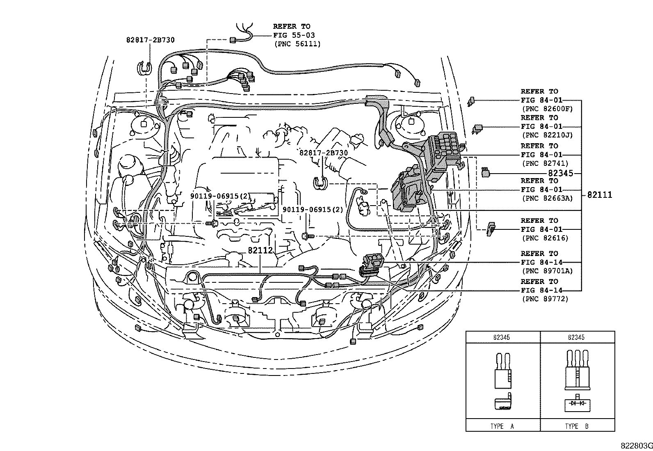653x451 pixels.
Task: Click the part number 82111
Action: coord(599,195)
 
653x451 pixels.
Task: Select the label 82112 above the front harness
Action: coord(260,250)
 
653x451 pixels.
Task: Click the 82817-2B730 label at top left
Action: coord(150,40)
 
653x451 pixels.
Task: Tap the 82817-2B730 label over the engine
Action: coord(324,153)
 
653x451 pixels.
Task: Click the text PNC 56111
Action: coord(297,44)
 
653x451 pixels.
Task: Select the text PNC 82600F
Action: coord(547,109)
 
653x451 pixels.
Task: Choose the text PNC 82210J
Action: coord(547,135)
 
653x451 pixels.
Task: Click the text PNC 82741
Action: coord(545,163)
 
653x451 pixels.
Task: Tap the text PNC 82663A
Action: coord(547,198)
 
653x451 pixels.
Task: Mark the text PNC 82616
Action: coord(545,238)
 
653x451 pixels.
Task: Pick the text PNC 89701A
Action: coord(547,271)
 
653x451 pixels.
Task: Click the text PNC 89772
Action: coord(545,299)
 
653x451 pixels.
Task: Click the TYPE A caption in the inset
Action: coord(502,426)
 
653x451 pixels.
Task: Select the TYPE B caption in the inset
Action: coord(577,426)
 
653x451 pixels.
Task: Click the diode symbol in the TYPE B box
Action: coord(577,404)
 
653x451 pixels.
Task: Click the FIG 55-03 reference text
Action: coord(294,35)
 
